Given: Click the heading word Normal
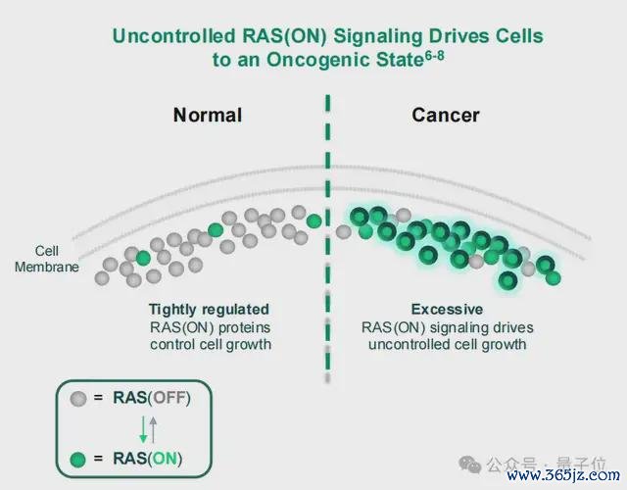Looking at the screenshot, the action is pyautogui.click(x=208, y=116).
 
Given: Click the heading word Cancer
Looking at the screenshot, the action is pyautogui.click(x=446, y=116).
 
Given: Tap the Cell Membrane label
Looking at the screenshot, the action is pyautogui.click(x=47, y=259).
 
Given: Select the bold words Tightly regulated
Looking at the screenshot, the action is pyautogui.click(x=209, y=310).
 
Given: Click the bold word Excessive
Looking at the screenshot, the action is pyautogui.click(x=447, y=310).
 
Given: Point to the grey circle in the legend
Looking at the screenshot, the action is pyautogui.click(x=78, y=399).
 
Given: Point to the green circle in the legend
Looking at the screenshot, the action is pyautogui.click(x=78, y=460).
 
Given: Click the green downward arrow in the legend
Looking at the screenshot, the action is pyautogui.click(x=143, y=429).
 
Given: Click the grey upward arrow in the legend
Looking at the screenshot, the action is pyautogui.click(x=153, y=429).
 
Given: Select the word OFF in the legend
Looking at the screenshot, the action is pyautogui.click(x=169, y=398).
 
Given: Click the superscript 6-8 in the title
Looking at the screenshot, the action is pyautogui.click(x=434, y=56).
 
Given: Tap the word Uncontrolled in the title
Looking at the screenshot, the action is pyautogui.click(x=174, y=36).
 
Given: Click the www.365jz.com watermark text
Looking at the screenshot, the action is pyautogui.click(x=563, y=474).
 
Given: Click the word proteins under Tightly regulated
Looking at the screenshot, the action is pyautogui.click(x=245, y=327).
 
